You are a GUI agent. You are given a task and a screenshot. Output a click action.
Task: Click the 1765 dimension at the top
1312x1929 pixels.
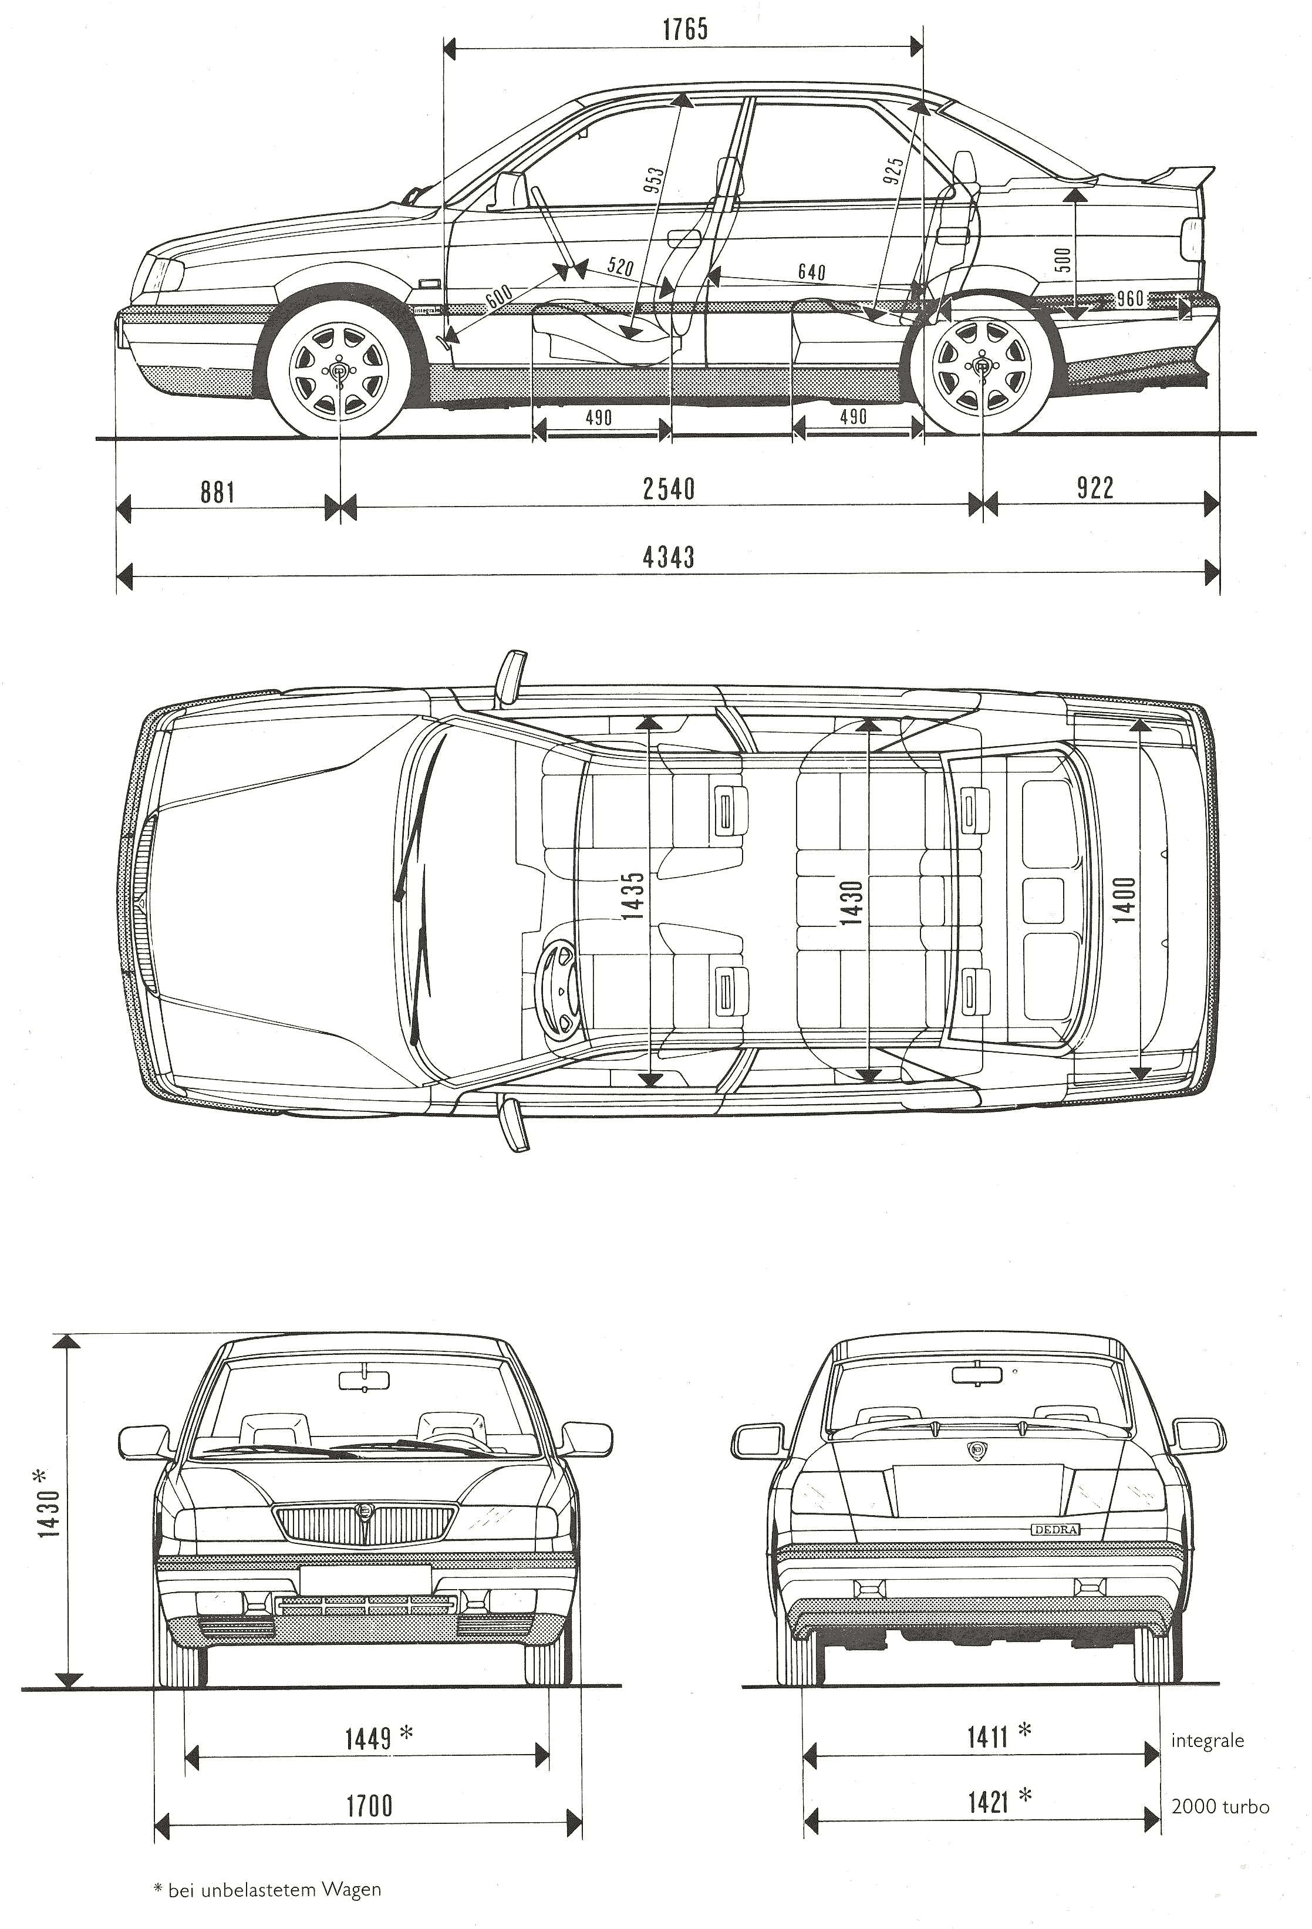tap(684, 31)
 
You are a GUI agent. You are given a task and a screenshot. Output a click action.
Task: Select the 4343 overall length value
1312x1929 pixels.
tap(668, 557)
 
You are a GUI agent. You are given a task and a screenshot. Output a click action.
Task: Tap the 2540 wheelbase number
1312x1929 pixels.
tap(668, 489)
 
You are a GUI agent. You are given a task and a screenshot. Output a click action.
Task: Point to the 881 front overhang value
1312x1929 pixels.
tap(217, 492)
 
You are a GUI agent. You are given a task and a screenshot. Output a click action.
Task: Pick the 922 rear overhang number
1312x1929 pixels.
tap(1095, 488)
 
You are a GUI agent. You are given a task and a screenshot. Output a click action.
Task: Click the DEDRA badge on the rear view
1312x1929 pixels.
tap(1055, 1529)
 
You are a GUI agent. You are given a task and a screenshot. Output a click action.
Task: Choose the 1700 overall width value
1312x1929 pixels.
tap(369, 1805)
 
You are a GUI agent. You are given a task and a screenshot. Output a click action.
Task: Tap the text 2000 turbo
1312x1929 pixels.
tap(1220, 1806)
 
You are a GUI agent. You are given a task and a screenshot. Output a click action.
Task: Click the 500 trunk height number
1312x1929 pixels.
tap(1064, 260)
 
